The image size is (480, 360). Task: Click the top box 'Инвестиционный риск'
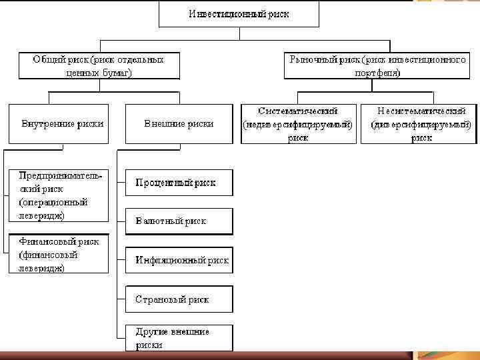coord(239,14)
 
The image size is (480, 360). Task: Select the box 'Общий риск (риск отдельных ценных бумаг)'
coord(99,66)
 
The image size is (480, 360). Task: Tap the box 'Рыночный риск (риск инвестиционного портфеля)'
coord(377,66)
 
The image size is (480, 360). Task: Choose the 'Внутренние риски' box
coord(57,123)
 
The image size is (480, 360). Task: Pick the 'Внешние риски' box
coord(179,123)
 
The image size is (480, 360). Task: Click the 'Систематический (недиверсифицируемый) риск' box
coord(298,123)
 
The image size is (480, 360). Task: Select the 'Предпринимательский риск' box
coord(57,195)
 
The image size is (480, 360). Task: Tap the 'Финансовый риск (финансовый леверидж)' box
coord(57,254)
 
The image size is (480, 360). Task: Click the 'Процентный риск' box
coord(179,182)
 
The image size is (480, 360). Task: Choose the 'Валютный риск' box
coord(179,221)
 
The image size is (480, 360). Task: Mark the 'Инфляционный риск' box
coord(179,260)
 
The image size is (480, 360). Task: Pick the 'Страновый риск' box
coord(179,299)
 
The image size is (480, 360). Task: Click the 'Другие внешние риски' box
coord(179,338)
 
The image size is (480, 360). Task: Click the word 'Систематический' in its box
coord(298,111)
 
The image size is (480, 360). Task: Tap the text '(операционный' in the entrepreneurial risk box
coord(54,202)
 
